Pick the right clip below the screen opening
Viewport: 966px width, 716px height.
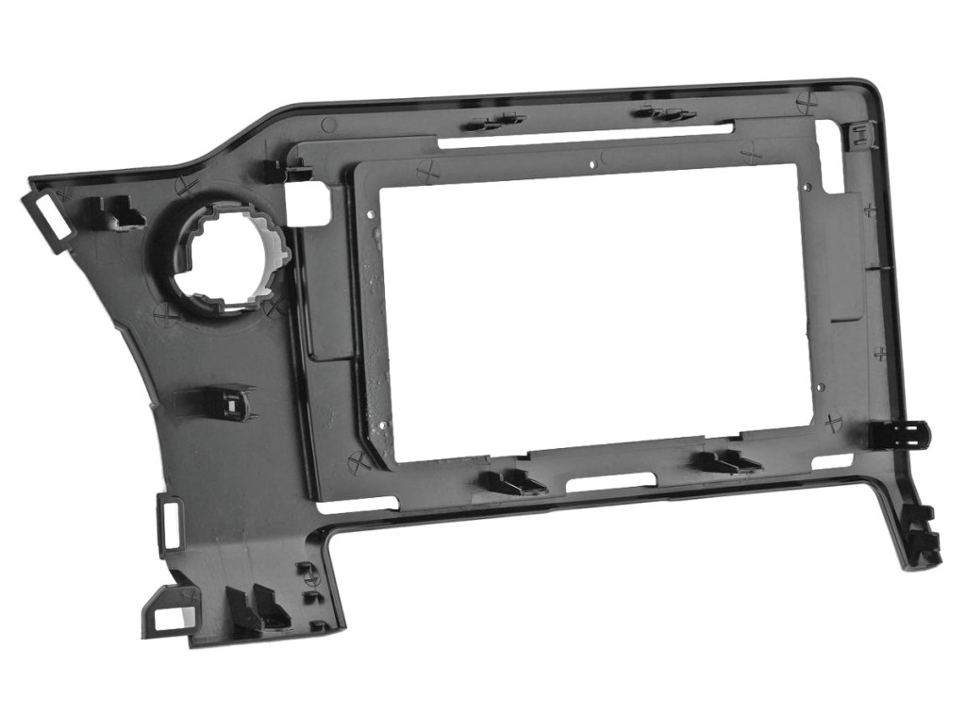tap(726, 461)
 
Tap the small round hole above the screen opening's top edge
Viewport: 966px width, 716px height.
tap(591, 162)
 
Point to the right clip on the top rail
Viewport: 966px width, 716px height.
tap(666, 113)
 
